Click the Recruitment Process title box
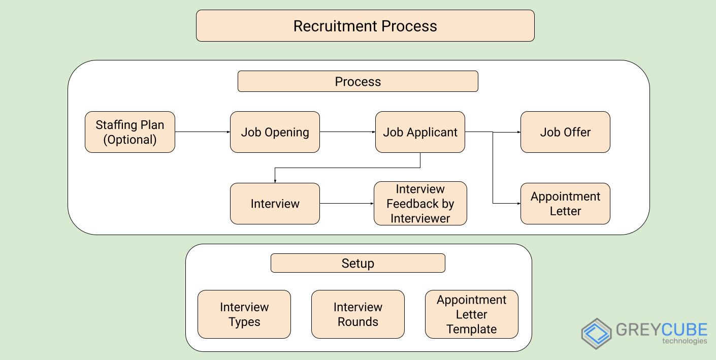coord(365,26)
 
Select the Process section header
coord(357,82)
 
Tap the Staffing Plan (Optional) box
coord(130,132)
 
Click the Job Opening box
coord(275,132)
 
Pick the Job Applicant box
coord(420,132)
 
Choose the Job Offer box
coord(565,132)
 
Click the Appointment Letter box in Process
coord(565,204)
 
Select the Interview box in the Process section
coord(275,204)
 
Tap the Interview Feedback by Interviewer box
coord(420,204)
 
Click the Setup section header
coord(357,264)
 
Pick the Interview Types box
coord(244,314)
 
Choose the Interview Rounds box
coord(357,314)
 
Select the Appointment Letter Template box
coord(471,314)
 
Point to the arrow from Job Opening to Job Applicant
coord(347,132)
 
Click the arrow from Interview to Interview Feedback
coord(346,204)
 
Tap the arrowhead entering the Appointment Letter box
coord(518,204)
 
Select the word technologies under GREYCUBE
coord(684,341)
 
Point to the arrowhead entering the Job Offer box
coord(518,132)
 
